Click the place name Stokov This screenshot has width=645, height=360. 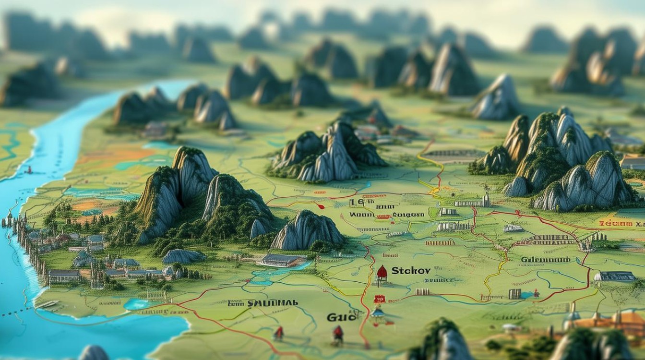pyautogui.click(x=411, y=271)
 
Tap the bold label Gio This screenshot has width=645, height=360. pyautogui.click(x=342, y=317)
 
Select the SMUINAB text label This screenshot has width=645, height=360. pyautogui.click(x=272, y=303)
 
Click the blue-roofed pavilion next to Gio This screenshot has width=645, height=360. pyautogui.click(x=378, y=312)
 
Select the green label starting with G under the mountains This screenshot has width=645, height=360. pyautogui.click(x=546, y=260)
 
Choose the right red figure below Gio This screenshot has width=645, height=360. pyautogui.click(x=338, y=333)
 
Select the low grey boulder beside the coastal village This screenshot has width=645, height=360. pyautogui.click(x=183, y=256)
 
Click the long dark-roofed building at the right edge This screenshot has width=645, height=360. pyautogui.click(x=615, y=276)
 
